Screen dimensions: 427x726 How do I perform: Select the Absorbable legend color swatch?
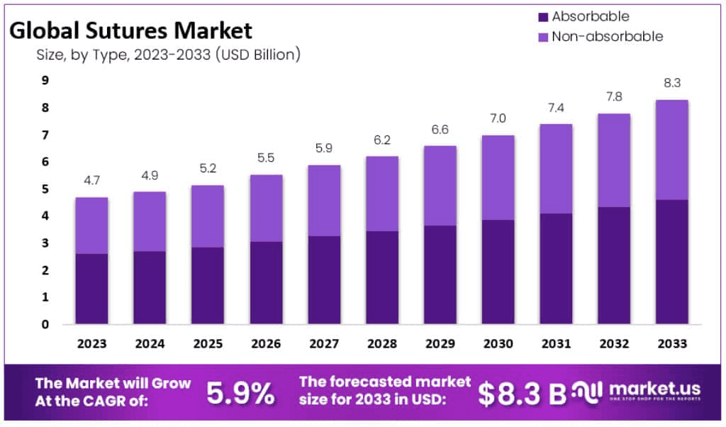543,17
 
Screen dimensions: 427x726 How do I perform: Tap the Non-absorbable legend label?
607,36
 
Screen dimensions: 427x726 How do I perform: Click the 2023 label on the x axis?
91,344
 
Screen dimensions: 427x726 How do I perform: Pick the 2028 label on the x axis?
382,344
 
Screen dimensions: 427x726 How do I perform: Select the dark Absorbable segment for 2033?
671,262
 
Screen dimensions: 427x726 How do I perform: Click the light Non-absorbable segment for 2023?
91,225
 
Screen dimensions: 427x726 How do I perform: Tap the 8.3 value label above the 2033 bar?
671,84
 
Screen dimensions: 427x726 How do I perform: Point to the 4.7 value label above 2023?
91,182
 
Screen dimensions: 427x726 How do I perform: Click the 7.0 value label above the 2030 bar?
498,119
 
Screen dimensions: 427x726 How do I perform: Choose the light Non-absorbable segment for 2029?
440,185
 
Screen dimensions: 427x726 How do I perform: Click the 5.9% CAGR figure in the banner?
240,393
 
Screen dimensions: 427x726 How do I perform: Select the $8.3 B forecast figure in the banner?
522,394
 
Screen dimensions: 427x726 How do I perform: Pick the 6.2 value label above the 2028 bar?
382,140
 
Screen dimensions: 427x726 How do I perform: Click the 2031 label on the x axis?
557,344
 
